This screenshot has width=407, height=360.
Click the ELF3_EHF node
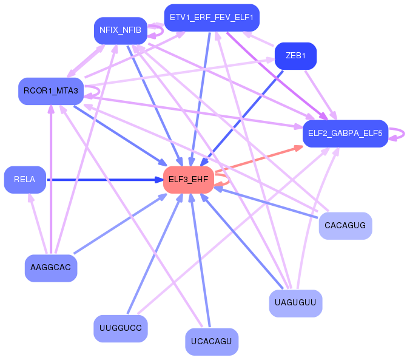188,180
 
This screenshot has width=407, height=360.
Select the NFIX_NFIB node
120,30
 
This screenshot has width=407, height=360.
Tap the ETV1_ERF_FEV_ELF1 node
212,17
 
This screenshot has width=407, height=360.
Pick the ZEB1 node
295,56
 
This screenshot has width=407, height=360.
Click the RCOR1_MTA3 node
50,91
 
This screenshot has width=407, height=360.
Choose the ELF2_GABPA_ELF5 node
345,134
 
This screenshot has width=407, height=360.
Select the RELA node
25,180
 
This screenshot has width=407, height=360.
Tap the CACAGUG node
345,226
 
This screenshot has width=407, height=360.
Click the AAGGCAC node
50,268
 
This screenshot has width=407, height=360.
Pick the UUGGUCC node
120,328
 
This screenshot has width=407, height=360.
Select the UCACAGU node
211,341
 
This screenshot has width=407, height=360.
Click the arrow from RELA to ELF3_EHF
103,180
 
